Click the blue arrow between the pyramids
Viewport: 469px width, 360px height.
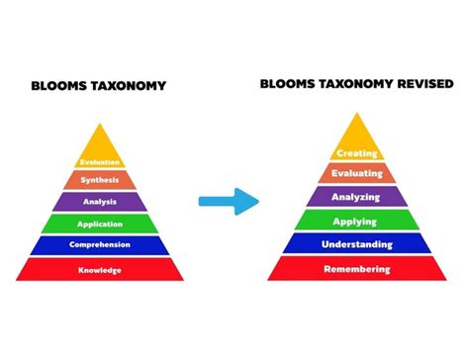coord(228,202)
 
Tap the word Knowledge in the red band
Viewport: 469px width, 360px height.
coord(100,269)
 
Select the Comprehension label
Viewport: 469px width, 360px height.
coord(100,244)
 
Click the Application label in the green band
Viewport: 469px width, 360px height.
coord(100,223)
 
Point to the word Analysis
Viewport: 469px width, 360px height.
coord(100,201)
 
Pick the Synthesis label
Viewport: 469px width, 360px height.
coord(100,180)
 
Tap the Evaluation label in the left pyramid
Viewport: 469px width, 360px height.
coord(100,162)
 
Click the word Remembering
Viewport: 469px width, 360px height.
coord(357,268)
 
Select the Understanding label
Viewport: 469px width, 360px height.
coord(357,243)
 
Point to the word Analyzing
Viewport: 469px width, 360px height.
coord(357,196)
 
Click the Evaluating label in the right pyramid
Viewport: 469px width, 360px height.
coord(357,174)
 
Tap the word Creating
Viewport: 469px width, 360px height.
coord(357,153)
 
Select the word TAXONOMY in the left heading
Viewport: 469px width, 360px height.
coord(128,86)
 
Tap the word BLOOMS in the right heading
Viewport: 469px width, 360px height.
coord(285,84)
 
